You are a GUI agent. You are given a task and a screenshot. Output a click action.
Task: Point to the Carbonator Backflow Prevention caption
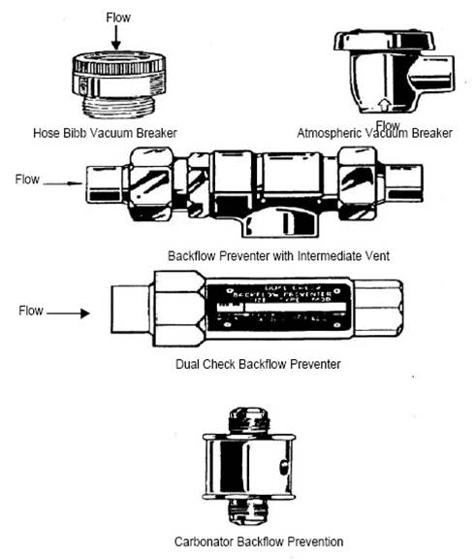point(259,541)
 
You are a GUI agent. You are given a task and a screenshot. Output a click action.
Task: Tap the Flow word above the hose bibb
point(117,17)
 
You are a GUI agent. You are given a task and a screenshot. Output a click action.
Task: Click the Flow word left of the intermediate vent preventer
point(28,180)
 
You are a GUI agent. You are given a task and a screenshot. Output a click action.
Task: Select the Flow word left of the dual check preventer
point(32,312)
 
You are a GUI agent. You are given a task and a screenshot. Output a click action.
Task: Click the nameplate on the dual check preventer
point(263,306)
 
